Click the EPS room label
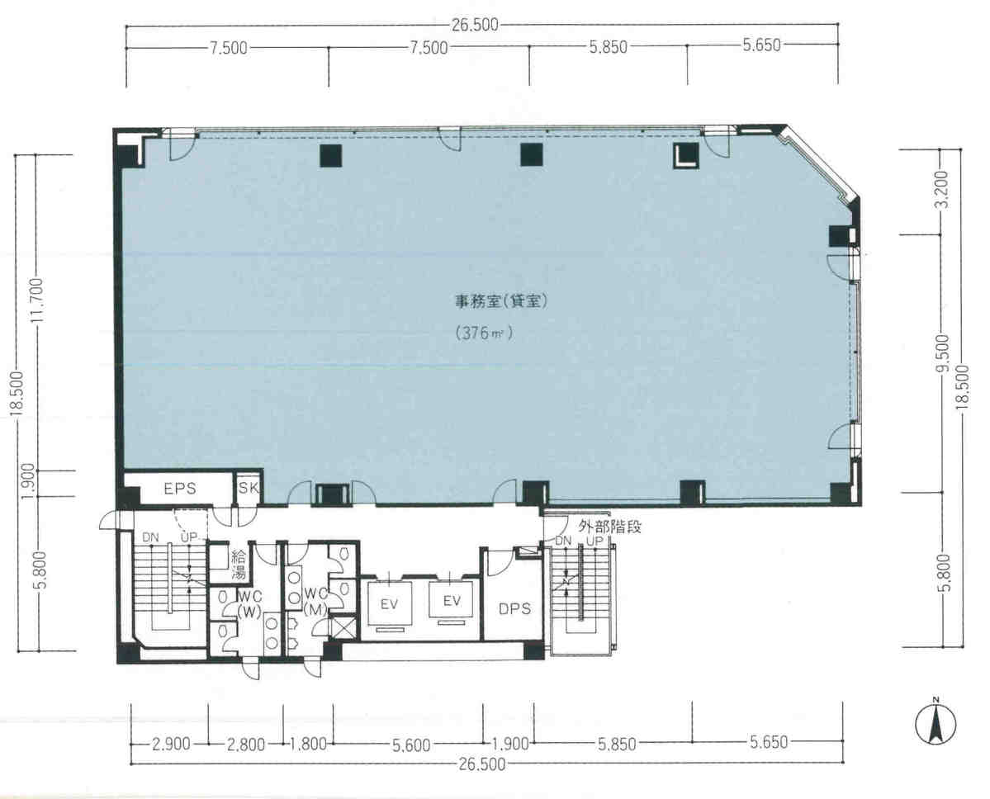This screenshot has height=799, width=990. [179, 489]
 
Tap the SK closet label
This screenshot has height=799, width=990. [249, 488]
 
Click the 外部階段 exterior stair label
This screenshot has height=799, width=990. [610, 526]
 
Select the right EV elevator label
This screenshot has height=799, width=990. [451, 600]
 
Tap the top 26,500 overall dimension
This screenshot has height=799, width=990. [476, 26]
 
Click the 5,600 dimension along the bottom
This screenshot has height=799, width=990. [413, 745]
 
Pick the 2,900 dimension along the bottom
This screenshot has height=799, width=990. [172, 744]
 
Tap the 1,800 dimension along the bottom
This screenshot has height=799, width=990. [309, 744]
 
